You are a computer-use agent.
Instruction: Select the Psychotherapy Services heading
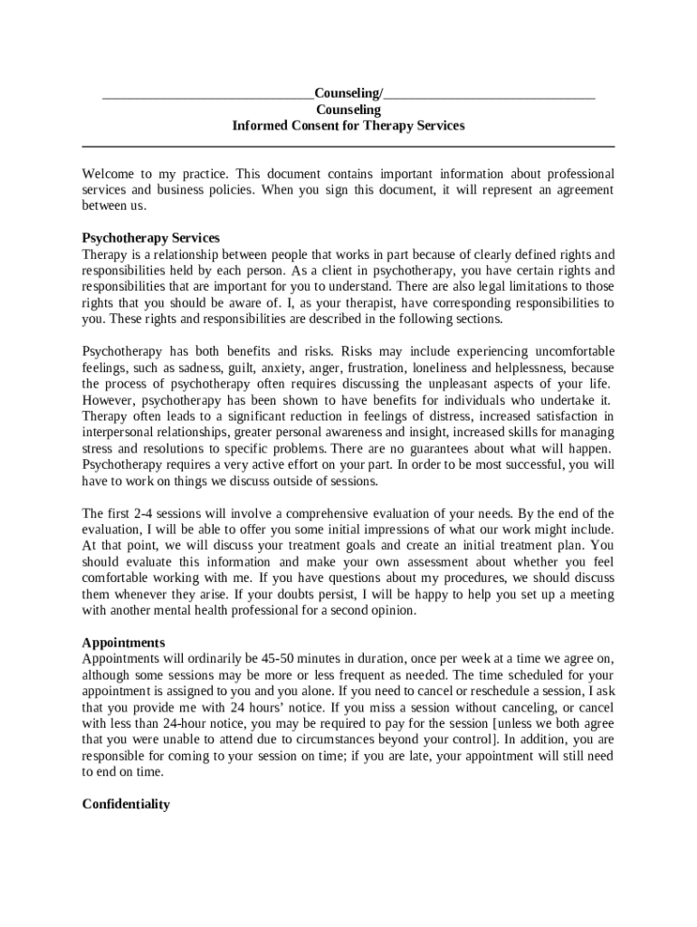tap(150, 238)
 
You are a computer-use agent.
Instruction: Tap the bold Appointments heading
tap(123, 643)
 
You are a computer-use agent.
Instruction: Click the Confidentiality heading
tap(126, 804)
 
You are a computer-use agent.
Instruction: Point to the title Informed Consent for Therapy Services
tap(348, 126)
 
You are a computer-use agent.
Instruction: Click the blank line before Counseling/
tap(207, 95)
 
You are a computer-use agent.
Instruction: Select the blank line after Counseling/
tap(489, 95)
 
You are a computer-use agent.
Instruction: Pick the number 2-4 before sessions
tap(123, 513)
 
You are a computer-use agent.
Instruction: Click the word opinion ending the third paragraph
tap(394, 610)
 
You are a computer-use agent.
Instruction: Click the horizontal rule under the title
tap(348, 146)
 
